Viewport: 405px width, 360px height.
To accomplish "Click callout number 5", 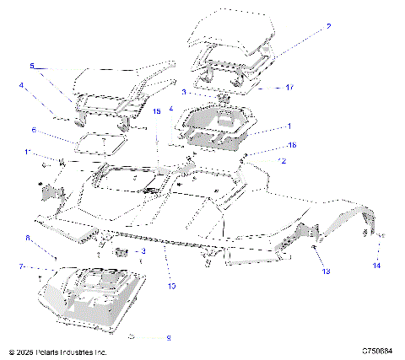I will (32, 65).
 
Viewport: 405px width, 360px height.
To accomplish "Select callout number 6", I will (33, 131).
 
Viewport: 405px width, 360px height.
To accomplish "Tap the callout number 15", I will (155, 111).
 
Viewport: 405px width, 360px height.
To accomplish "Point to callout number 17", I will (289, 87).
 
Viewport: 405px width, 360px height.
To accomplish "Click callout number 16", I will (291, 145).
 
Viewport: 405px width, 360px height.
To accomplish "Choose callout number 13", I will (326, 271).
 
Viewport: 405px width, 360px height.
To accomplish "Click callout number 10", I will (171, 286).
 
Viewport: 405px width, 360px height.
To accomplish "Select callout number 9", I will (168, 338).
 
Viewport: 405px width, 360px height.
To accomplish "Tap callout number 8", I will (28, 239).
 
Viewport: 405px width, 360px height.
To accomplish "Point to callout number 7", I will (21, 266).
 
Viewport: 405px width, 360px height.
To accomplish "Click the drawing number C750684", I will (378, 351).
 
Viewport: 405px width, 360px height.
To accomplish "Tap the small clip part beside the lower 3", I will (121, 251).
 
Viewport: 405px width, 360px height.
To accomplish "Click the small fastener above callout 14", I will (380, 234).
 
